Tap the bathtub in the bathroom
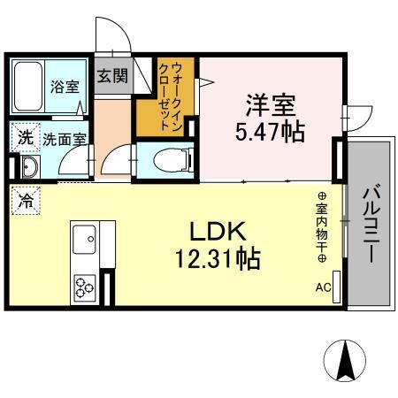pos(31,86)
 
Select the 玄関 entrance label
pos(111,76)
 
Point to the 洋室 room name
pos(270,104)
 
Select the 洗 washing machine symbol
pos(25,138)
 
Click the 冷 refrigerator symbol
pos(25,201)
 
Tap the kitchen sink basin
pos(86,238)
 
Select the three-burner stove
pos(85,285)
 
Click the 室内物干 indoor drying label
pos(322,227)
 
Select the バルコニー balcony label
pos(371,221)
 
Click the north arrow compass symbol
pos(346,361)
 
